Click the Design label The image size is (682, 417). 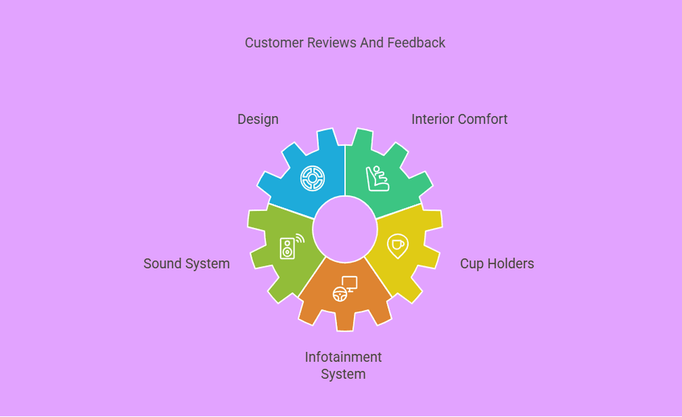tap(258, 119)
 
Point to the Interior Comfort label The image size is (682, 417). tap(459, 119)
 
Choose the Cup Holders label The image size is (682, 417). tap(497, 264)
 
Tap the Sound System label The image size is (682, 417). tap(186, 264)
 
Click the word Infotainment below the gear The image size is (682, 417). tap(343, 357)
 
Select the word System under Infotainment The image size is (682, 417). tap(343, 374)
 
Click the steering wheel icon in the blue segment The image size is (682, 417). tap(313, 178)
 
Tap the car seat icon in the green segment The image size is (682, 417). tap(378, 178)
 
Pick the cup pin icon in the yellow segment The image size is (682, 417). tap(397, 246)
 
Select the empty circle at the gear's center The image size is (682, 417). tap(345, 229)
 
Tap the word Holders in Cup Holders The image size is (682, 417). tap(511, 264)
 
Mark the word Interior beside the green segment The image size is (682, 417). tap(431, 119)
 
